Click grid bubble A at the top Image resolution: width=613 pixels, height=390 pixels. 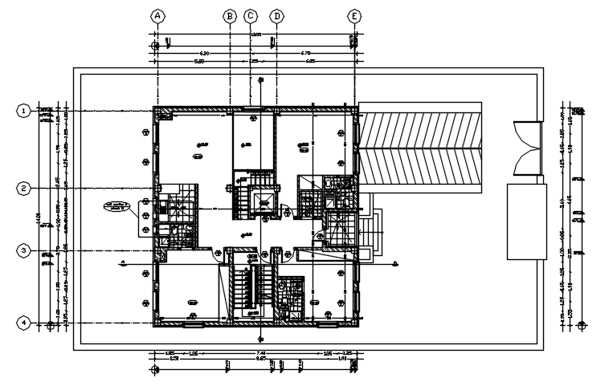(x=158, y=15)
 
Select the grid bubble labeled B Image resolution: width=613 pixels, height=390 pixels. (x=230, y=15)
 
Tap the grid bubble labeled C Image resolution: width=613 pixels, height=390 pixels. (x=251, y=15)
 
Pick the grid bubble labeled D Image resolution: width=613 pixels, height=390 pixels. (x=277, y=15)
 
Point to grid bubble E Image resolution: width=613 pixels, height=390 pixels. (x=354, y=15)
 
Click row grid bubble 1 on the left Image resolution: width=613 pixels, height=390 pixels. (x=25, y=111)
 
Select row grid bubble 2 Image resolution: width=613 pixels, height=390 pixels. (x=25, y=189)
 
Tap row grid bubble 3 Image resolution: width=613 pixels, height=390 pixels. (x=25, y=251)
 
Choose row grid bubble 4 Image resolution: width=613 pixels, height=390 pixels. (x=25, y=323)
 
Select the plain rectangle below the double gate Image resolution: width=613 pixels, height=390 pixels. (x=526, y=221)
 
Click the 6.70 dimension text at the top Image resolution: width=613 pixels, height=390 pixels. (x=306, y=53)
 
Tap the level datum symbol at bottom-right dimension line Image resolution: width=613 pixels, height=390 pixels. (x=580, y=324)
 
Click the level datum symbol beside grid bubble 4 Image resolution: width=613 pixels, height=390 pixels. (x=51, y=325)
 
